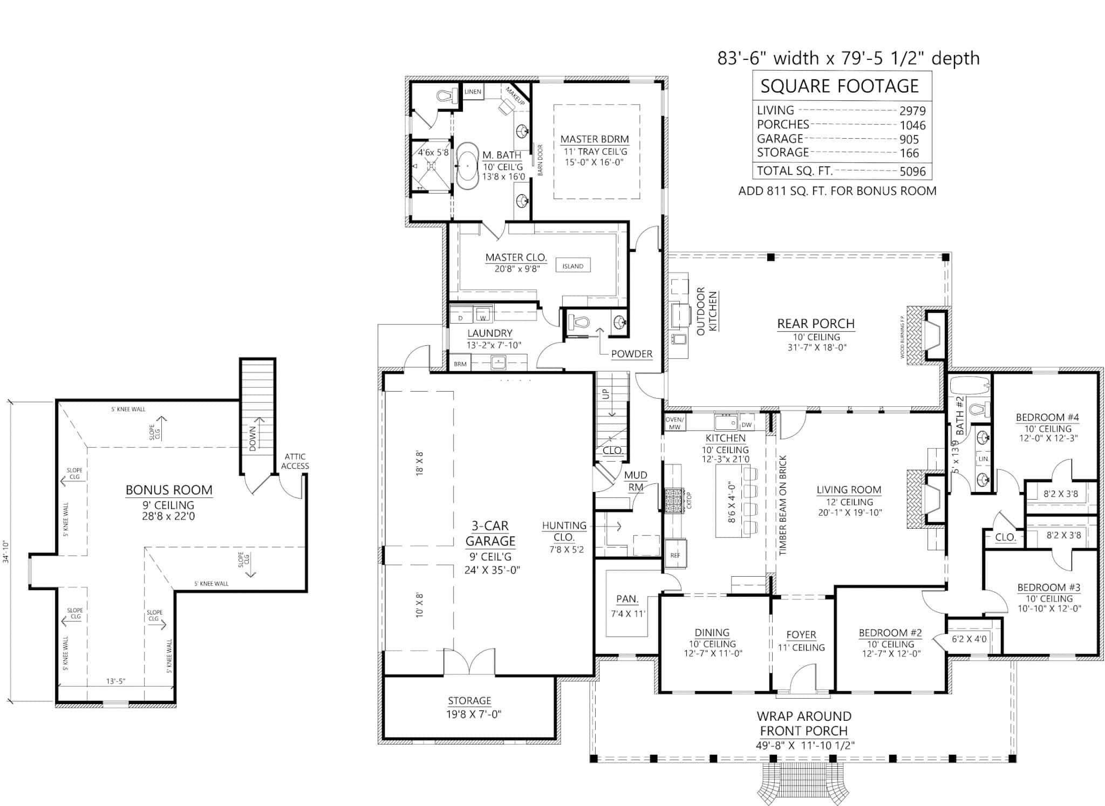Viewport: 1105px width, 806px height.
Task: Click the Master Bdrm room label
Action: coord(594,139)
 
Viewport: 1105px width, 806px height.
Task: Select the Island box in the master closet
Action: coord(572,266)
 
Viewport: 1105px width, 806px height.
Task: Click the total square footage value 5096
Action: coord(912,172)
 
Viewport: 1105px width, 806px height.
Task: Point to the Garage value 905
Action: coord(909,139)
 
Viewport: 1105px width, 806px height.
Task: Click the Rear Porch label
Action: coord(815,324)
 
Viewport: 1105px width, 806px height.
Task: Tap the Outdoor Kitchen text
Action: coord(707,312)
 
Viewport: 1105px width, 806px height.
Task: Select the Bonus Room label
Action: coord(169,490)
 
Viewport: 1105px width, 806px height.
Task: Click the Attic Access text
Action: coord(295,461)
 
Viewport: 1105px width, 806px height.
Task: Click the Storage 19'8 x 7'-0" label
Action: coord(469,707)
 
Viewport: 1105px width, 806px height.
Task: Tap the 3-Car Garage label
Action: coord(490,534)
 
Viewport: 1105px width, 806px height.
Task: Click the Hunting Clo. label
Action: coord(564,531)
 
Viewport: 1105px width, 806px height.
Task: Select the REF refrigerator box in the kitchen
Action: coord(675,555)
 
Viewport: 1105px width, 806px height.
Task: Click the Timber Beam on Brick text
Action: coord(783,506)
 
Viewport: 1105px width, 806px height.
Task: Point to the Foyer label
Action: coord(801,635)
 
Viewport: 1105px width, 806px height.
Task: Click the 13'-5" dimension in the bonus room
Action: coord(115,681)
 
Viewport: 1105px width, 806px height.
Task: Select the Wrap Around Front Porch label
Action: coord(803,723)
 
